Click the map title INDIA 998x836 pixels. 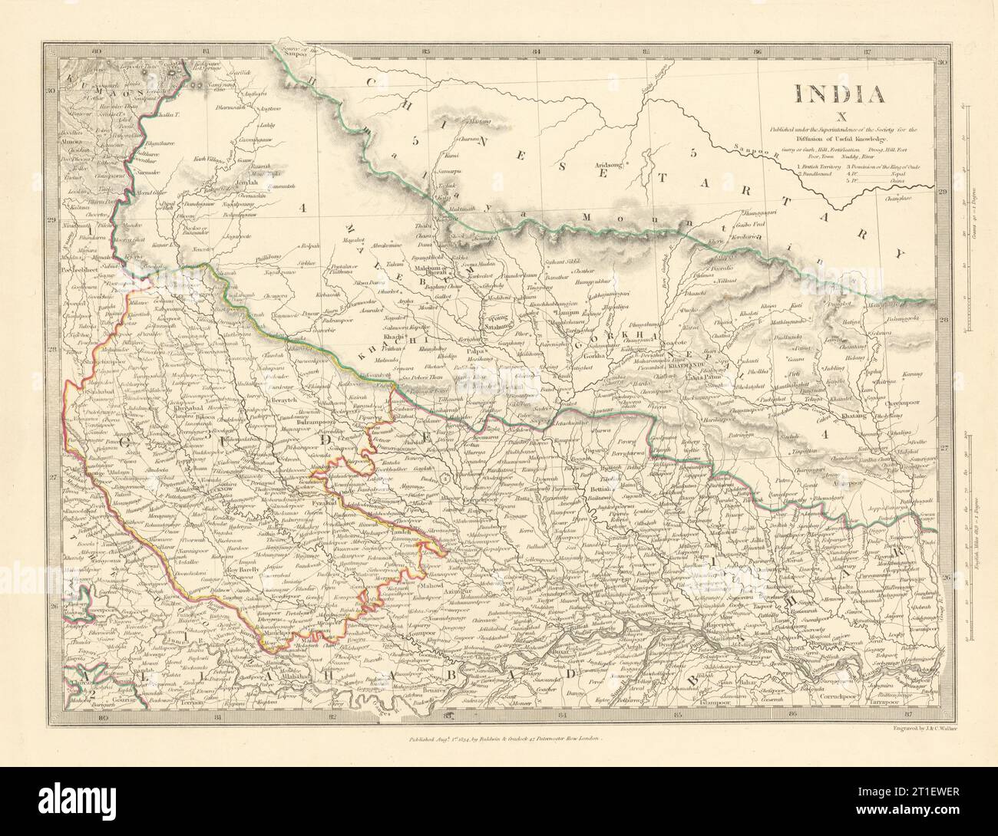click(x=840, y=94)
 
